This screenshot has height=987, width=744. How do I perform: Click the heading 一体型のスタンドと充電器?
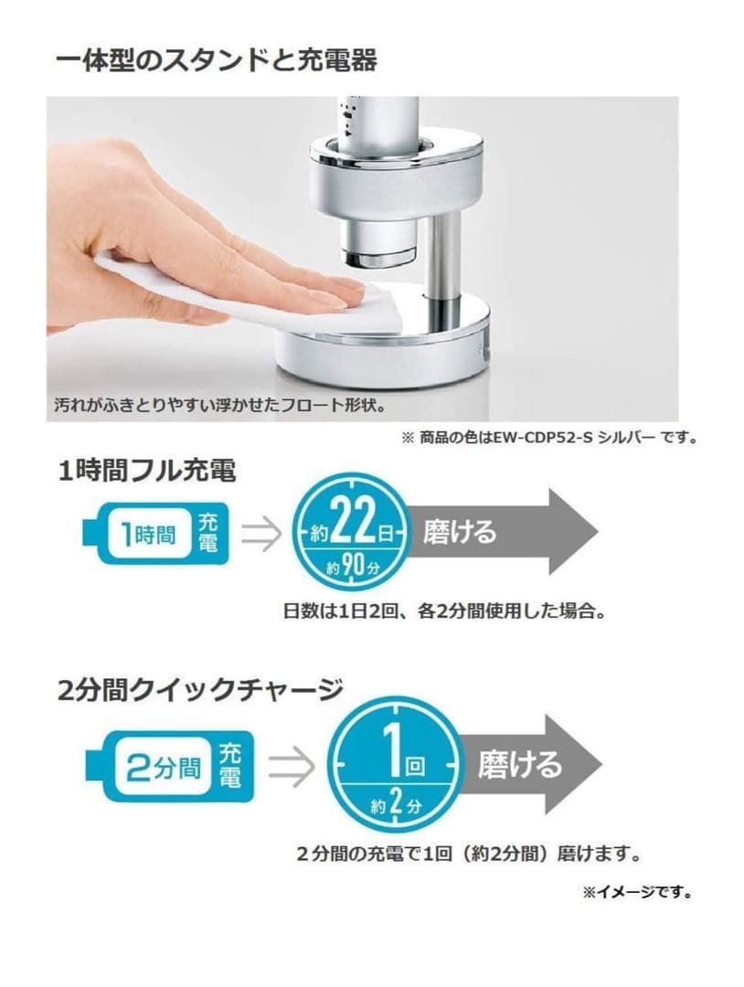point(216,61)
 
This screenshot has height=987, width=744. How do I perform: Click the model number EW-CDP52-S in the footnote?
point(506,437)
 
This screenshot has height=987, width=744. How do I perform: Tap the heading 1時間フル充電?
point(146,472)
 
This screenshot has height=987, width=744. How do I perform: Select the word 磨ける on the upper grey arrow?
point(460,531)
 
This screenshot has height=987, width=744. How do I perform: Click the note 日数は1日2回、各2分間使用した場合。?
point(444,612)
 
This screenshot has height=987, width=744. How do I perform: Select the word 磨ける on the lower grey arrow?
point(520,765)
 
